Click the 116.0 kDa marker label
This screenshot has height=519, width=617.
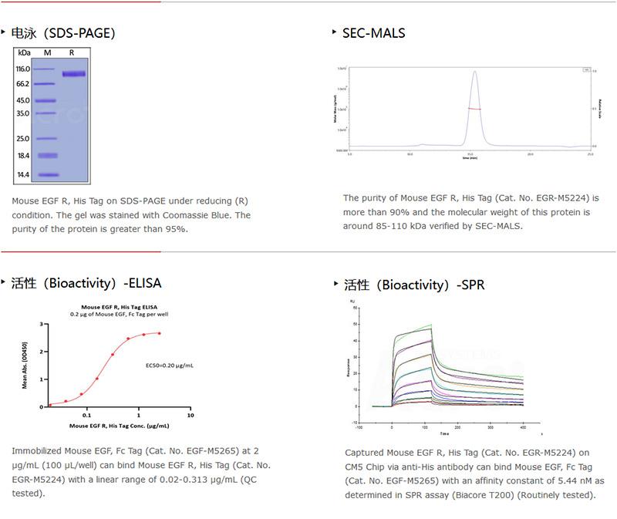click(x=23, y=69)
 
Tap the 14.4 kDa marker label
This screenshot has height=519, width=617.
click(x=23, y=175)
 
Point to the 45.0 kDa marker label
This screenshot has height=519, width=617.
click(x=23, y=100)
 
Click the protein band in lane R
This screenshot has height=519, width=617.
click(x=73, y=74)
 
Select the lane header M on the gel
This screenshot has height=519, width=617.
click(x=47, y=52)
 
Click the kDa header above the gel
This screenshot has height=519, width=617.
click(x=24, y=52)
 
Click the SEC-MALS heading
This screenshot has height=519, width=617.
click(x=373, y=32)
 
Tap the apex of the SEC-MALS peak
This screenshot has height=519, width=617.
click(x=475, y=72)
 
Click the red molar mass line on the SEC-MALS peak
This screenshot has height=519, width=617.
click(x=475, y=110)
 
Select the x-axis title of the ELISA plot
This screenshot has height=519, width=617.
click(x=120, y=426)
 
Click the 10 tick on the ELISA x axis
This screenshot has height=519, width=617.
click(x=190, y=416)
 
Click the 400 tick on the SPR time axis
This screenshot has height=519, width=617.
click(x=523, y=426)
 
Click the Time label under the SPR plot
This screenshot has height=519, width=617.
click(x=440, y=433)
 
